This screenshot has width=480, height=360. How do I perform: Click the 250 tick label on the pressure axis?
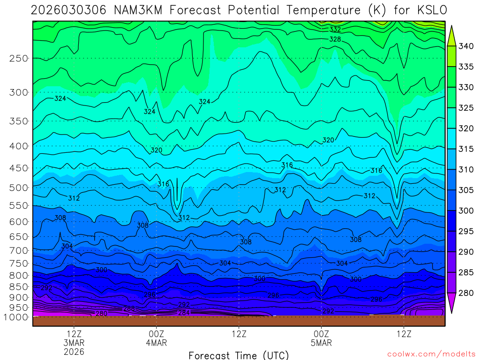pos(18,58)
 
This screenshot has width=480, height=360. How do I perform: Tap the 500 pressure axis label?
pos(18,187)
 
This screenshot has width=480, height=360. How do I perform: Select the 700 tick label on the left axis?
pos(18,250)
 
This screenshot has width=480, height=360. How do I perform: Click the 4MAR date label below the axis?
pos(156,343)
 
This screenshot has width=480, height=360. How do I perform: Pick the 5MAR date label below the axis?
pos(321,343)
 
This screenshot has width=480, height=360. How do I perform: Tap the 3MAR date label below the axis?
pos(75,343)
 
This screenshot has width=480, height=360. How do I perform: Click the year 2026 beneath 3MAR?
pos(75,352)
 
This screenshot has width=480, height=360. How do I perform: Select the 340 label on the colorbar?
pos(466,46)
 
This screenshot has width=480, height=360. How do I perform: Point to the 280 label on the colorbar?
pos(466,293)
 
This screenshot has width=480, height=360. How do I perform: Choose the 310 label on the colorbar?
pos(466,170)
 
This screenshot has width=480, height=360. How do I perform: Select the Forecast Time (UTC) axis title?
pos(239,355)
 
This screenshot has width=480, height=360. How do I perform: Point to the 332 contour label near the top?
pos(335,30)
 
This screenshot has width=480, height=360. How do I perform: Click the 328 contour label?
pos(335,39)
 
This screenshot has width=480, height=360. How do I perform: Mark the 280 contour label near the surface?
pos(102,313)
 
